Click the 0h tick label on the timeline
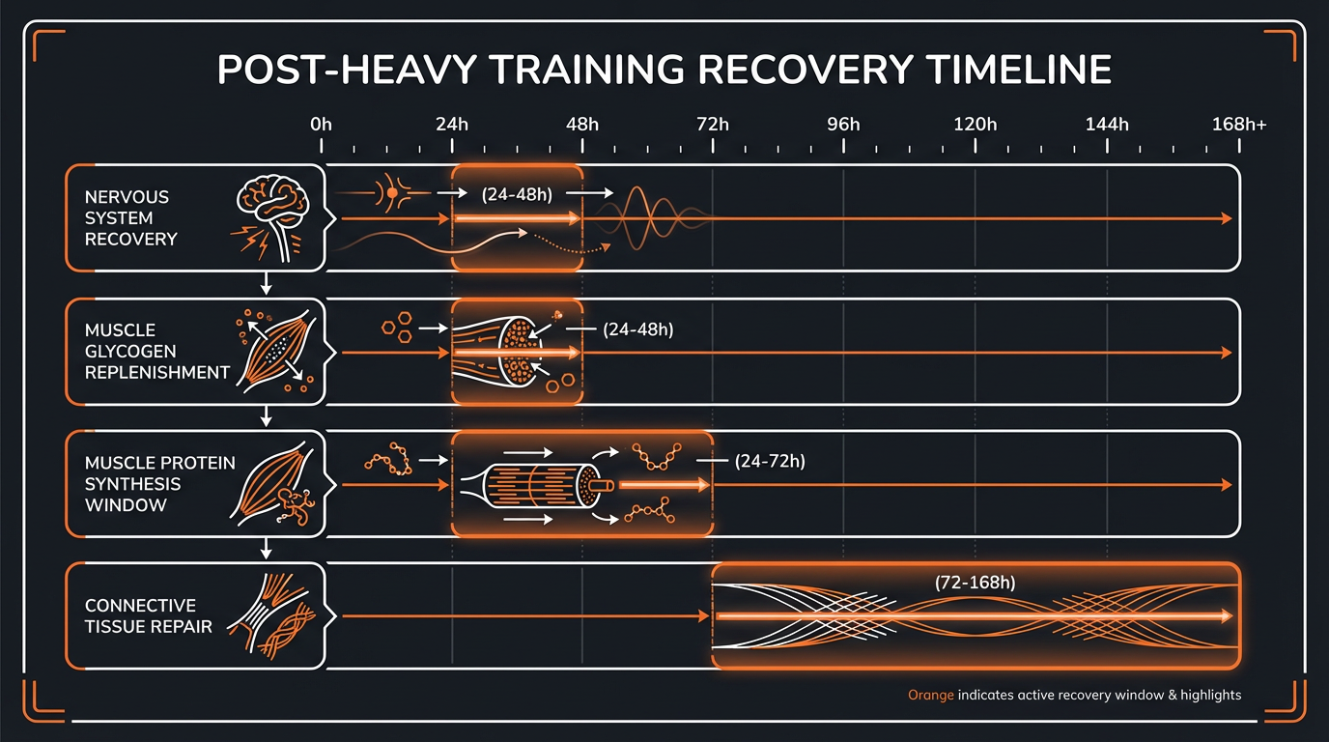click(x=321, y=125)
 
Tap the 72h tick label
click(x=713, y=125)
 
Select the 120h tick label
click(x=975, y=125)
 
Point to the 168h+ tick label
click(x=1239, y=125)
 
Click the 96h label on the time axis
click(x=843, y=125)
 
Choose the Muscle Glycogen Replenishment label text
click(x=157, y=352)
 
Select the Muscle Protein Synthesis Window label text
click(x=159, y=484)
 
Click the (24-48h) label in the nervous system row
click(x=517, y=194)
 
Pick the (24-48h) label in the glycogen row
click(x=637, y=329)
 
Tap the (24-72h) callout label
click(x=770, y=461)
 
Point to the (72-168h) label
click(x=976, y=583)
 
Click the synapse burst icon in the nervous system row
click(x=392, y=194)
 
